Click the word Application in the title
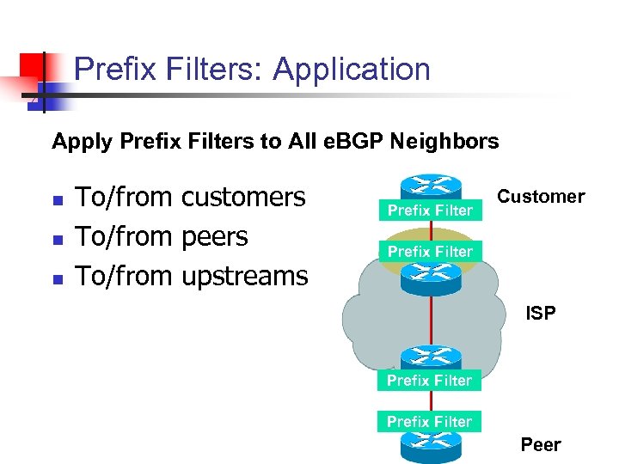352,69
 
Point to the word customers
244,197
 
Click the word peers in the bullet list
215,236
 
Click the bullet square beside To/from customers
58,200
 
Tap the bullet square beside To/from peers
58,240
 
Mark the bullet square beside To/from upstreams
58,279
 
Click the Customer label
542,197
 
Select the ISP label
541,314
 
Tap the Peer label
540,444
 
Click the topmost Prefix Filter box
430,211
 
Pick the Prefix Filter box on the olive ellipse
430,252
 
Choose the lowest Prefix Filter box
430,422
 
